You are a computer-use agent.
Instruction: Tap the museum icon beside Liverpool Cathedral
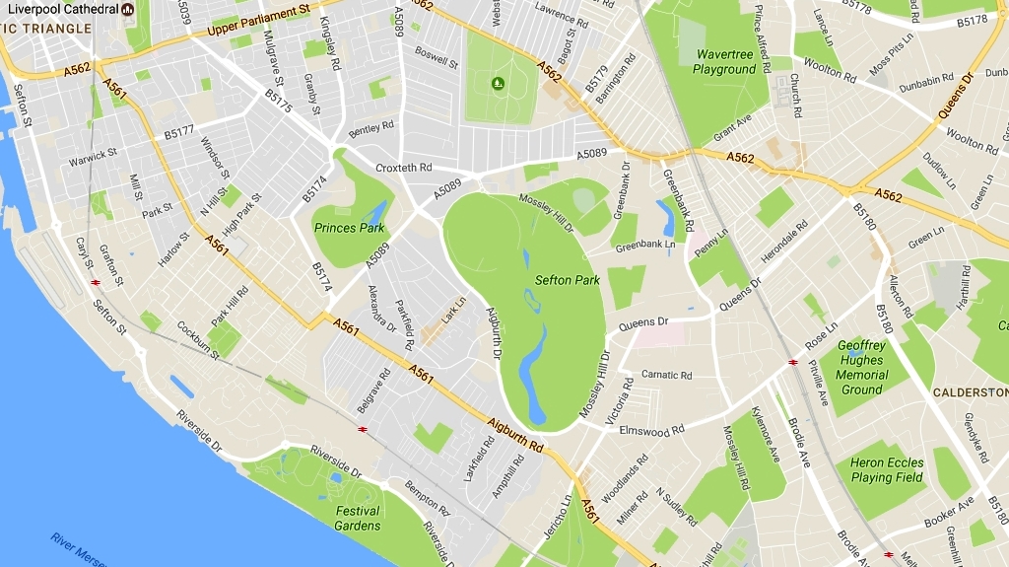tap(127, 9)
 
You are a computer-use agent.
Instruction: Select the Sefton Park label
tap(567, 280)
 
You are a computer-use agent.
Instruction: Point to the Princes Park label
tap(349, 228)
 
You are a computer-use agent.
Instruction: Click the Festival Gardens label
tap(358, 519)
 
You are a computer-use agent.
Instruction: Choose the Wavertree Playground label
tap(724, 62)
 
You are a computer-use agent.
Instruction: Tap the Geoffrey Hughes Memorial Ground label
tap(861, 368)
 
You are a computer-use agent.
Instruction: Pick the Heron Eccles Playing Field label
tap(887, 470)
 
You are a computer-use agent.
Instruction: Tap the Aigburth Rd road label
tap(514, 433)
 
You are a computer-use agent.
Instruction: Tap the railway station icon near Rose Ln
tap(792, 362)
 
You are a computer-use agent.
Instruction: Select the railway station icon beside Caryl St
tap(96, 282)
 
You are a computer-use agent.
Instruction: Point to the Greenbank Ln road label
tap(645, 245)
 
